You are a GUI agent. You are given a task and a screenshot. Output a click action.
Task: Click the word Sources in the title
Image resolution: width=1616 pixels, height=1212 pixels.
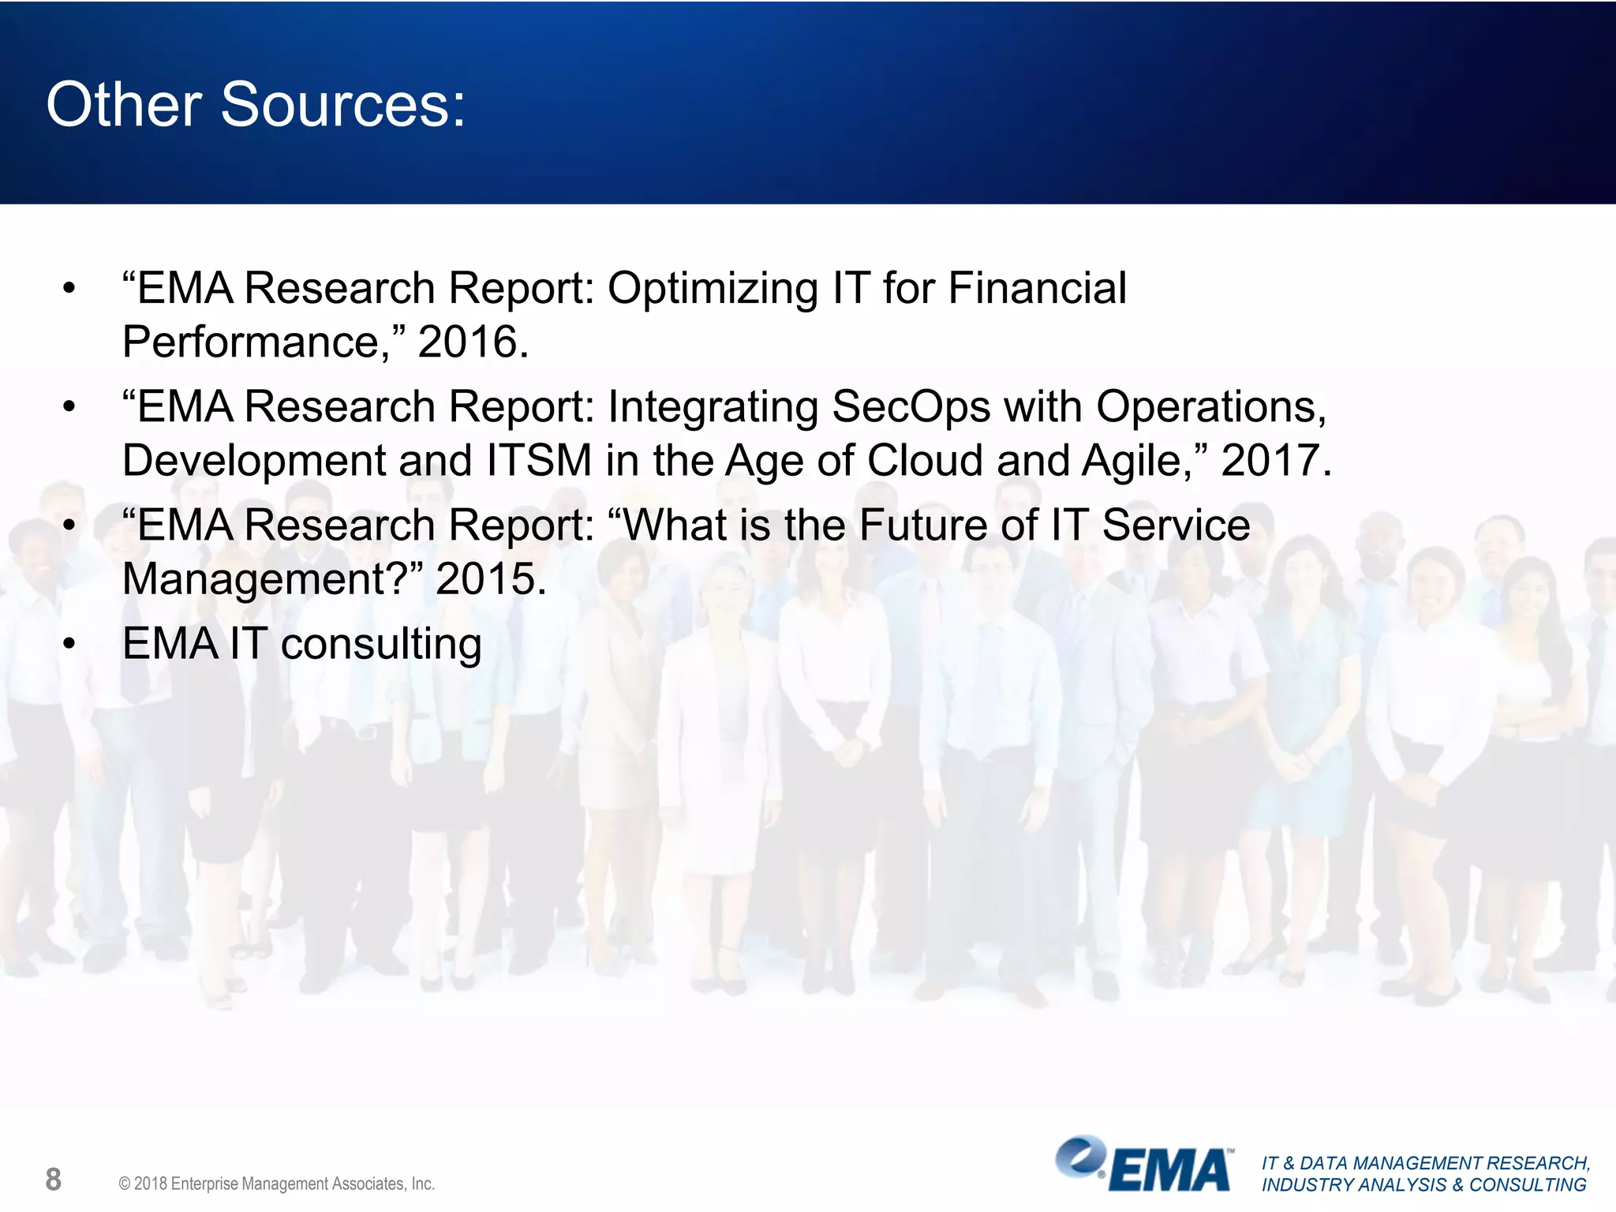pyautogui.click(x=343, y=105)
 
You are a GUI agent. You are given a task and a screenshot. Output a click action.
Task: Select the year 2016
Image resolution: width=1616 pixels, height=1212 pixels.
pyautogui.click(x=473, y=342)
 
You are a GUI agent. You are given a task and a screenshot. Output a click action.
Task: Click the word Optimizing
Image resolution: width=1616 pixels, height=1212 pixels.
pyautogui.click(x=713, y=288)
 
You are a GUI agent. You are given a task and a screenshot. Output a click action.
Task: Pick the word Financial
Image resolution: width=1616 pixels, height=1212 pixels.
pyautogui.click(x=1037, y=288)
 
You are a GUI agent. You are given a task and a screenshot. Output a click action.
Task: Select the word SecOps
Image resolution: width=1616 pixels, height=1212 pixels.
pyautogui.click(x=911, y=407)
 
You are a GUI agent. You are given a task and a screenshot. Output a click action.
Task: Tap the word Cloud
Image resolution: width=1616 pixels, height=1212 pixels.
pyautogui.click(x=925, y=461)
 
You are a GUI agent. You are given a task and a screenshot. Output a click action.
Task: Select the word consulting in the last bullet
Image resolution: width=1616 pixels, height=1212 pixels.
pyautogui.click(x=381, y=645)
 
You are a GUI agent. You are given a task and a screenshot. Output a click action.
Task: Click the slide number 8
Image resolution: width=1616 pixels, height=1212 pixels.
pyautogui.click(x=53, y=1180)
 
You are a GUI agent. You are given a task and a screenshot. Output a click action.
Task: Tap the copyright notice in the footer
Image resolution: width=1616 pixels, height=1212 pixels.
pyautogui.click(x=276, y=1184)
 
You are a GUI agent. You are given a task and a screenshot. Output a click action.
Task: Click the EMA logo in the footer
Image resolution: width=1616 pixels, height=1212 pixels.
pyautogui.click(x=1144, y=1165)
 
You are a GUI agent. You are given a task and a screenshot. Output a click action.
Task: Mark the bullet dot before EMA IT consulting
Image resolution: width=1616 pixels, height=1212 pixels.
pyautogui.click(x=69, y=645)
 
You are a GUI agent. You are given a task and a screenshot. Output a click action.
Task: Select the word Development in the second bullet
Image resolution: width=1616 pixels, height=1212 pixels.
pyautogui.click(x=253, y=461)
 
